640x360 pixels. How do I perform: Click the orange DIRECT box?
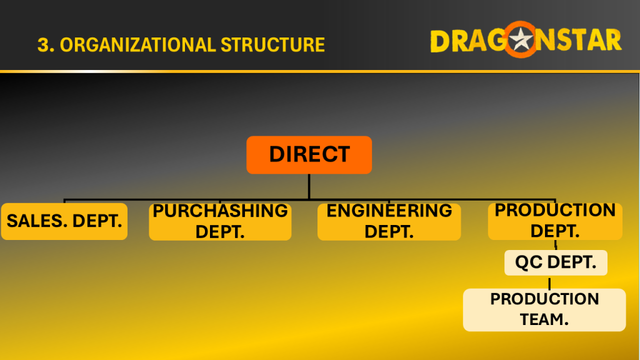point(309,155)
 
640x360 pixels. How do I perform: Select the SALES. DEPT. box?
point(64,221)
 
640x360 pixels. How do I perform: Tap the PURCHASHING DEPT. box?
point(220,222)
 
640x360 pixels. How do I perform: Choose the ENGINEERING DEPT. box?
point(389,222)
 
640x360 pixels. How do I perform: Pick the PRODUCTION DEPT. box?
point(555,221)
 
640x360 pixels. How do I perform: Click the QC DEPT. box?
point(556,262)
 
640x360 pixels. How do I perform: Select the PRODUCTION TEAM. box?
point(544,310)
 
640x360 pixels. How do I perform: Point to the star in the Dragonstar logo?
point(521,39)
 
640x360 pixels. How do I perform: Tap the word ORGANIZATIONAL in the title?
point(137,45)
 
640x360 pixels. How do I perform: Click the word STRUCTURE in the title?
point(272,45)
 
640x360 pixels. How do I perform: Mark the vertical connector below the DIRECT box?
point(309,186)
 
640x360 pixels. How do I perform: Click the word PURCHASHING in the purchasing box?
point(220,211)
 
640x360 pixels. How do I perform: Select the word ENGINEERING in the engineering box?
point(389,211)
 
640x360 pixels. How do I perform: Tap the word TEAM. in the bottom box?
point(544,319)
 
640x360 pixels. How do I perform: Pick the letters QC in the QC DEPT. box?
point(529,262)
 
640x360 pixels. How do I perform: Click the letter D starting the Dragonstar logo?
point(440,41)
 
